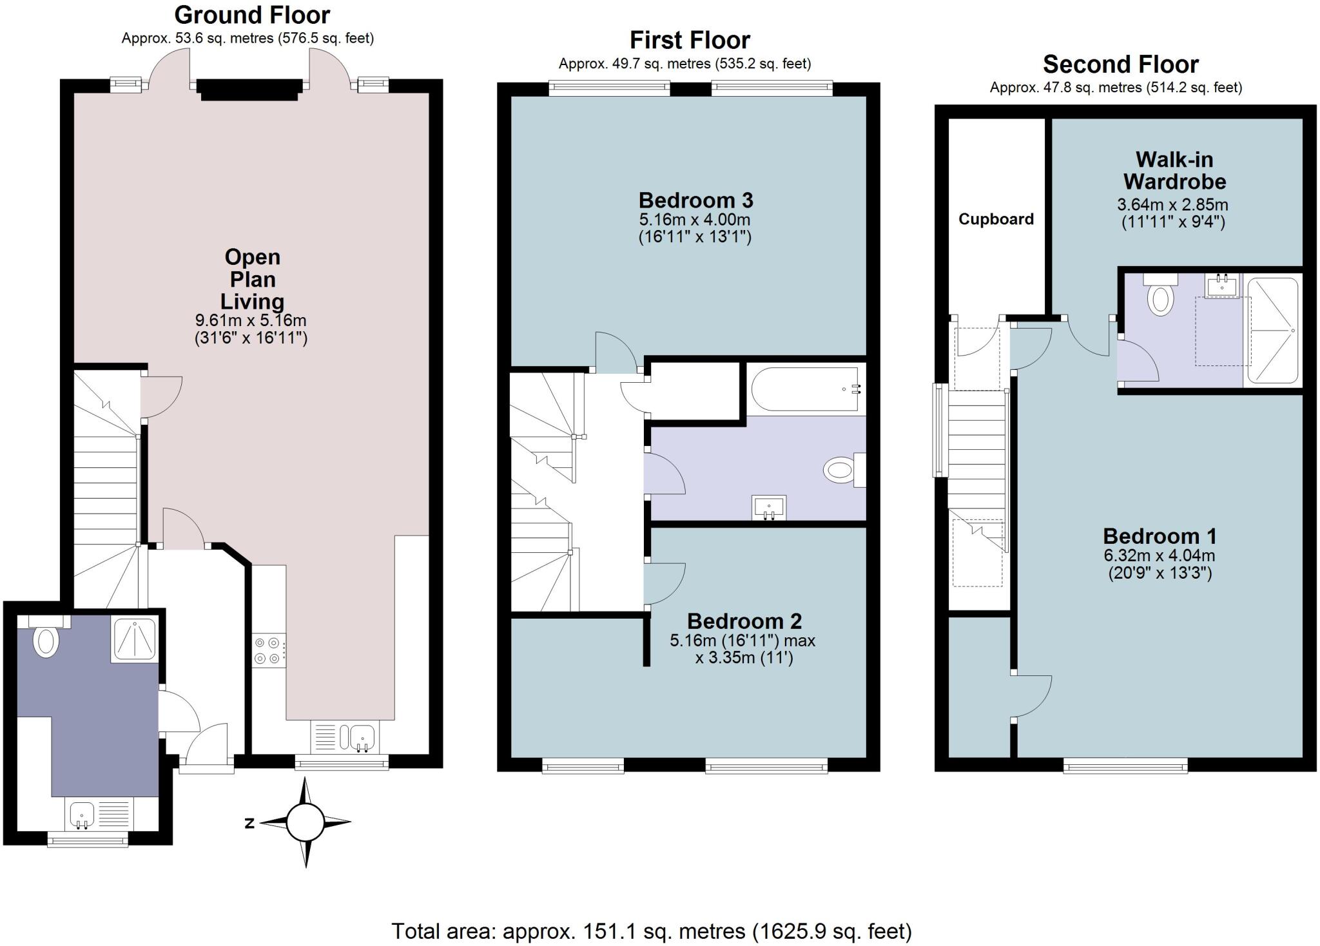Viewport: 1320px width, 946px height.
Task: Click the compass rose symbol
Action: [x=305, y=823]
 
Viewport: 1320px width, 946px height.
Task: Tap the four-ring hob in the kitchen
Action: [x=268, y=650]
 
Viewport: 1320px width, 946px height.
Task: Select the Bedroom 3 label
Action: [x=695, y=200]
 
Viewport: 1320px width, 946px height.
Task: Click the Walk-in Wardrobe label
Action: [x=1174, y=170]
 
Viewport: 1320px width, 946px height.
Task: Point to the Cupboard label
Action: [x=996, y=219]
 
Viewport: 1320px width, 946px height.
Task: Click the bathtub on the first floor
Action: [x=806, y=389]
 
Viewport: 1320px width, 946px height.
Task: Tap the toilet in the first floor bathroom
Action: [x=842, y=469]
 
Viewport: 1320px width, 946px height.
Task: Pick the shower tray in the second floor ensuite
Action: [x=1272, y=330]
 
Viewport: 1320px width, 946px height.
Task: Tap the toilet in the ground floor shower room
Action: [x=46, y=638]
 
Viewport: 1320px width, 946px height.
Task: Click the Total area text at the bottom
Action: [x=652, y=931]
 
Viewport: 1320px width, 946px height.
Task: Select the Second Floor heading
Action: [x=1120, y=64]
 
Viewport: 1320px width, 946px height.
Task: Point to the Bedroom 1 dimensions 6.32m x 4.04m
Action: [x=1160, y=555]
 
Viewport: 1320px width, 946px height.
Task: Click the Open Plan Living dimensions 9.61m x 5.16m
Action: [x=251, y=320]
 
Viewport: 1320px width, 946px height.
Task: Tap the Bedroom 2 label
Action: [x=744, y=621]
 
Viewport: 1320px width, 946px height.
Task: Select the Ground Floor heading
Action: [x=252, y=15]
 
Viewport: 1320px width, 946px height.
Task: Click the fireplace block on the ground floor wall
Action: [x=249, y=90]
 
